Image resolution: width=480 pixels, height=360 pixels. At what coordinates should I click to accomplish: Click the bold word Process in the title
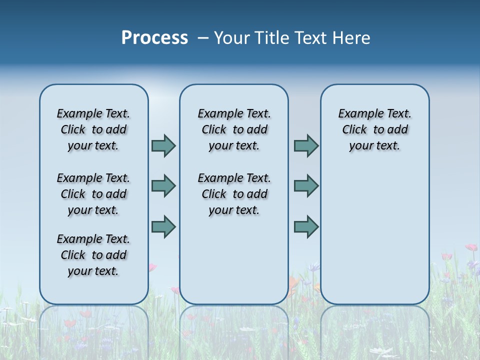154,38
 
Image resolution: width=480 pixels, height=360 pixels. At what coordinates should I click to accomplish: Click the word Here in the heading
352,38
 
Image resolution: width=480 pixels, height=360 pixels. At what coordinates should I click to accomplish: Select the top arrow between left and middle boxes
163,145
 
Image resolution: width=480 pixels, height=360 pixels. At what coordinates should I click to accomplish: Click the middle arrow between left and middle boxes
163,186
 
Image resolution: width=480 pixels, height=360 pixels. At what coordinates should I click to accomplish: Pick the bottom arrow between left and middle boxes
163,226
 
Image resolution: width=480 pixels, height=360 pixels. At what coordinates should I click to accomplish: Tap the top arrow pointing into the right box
306,145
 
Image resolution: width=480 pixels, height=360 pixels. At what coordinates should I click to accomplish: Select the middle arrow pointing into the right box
306,186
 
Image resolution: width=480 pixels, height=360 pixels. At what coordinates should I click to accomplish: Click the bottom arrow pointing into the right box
306,226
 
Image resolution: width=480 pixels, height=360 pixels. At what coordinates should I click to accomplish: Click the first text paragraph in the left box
93,129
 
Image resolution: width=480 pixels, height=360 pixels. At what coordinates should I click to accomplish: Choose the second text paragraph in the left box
93,194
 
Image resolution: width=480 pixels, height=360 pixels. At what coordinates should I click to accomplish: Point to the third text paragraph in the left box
93,255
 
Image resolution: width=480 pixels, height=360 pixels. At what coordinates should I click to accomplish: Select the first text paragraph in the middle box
234,129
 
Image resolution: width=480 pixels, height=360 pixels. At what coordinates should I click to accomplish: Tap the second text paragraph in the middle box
234,194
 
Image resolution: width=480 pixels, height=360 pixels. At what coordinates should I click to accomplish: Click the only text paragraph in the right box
374,129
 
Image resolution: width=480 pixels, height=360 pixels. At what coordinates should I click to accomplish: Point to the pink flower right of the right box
470,247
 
